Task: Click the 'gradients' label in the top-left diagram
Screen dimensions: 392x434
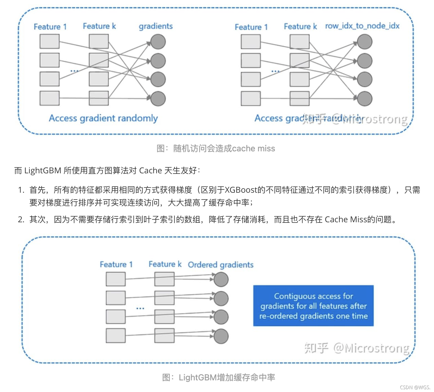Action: click(x=156, y=26)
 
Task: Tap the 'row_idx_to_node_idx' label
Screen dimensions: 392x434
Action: click(x=362, y=26)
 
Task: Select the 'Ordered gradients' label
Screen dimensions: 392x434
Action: click(x=221, y=265)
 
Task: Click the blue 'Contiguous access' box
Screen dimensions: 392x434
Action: click(x=313, y=306)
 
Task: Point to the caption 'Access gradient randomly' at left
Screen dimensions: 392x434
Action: click(x=103, y=118)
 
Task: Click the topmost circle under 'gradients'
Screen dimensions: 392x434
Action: click(x=158, y=42)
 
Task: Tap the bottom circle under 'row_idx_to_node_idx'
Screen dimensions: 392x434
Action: click(x=364, y=99)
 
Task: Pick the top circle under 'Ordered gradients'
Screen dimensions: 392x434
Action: click(x=221, y=279)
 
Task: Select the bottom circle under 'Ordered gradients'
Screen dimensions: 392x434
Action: click(x=221, y=336)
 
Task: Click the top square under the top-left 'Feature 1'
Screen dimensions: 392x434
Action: click(x=49, y=42)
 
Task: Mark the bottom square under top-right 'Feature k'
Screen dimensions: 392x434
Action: click(x=300, y=99)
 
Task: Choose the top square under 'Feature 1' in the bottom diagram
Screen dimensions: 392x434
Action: click(x=116, y=279)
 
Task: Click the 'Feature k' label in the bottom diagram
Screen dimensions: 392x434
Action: click(x=165, y=264)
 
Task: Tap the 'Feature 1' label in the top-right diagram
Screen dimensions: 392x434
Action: click(x=251, y=27)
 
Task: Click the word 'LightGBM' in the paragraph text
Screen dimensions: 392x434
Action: click(x=43, y=171)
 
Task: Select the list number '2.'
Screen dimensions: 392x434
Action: click(x=21, y=219)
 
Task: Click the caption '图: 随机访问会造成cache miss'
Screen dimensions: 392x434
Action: click(x=216, y=148)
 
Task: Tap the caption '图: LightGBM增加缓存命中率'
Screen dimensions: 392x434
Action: click(x=219, y=377)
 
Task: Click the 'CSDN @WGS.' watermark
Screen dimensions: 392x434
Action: click(x=415, y=387)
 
